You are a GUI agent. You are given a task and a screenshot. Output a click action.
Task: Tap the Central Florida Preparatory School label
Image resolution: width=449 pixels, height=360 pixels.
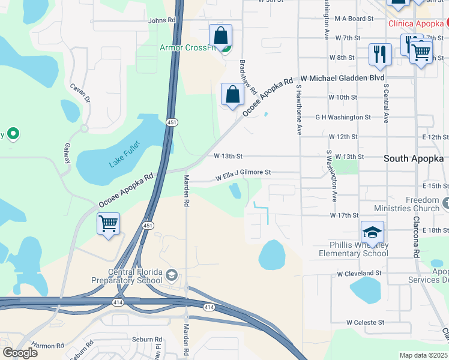[127, 276]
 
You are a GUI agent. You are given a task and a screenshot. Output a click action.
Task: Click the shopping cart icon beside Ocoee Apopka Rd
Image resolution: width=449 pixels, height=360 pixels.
[108, 224]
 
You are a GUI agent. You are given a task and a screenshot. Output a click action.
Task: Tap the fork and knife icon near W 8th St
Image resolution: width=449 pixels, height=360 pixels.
[379, 53]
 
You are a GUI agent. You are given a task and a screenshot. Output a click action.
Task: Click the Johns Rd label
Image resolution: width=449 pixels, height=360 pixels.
[162, 20]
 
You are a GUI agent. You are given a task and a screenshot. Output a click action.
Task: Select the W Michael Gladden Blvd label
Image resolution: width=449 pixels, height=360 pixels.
[342, 78]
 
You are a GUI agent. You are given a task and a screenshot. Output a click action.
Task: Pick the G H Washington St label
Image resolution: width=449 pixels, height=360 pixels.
[343, 117]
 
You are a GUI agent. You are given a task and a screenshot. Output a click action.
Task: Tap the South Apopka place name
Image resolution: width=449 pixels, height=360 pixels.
[414, 158]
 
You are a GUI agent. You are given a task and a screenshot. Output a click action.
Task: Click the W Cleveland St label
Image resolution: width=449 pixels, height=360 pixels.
[359, 273]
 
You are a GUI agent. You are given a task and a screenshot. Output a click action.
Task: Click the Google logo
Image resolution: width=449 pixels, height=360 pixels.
[20, 353]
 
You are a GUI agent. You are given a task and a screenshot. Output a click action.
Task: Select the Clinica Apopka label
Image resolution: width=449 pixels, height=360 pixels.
[415, 23]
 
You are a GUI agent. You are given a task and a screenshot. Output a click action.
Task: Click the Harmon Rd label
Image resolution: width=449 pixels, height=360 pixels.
[48, 346]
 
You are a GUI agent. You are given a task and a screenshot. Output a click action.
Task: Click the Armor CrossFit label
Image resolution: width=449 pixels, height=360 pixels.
[187, 48]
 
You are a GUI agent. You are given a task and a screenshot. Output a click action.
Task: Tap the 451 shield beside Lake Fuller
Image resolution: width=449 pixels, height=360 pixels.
[172, 122]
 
